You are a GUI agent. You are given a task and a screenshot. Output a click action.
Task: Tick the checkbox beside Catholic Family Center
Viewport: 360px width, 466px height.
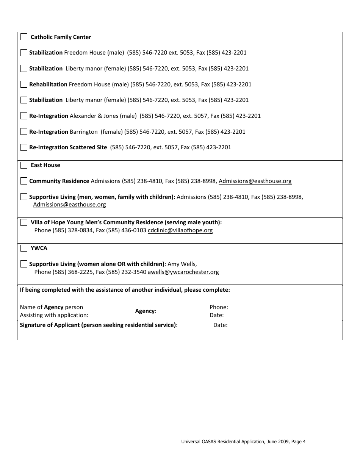click(24, 37)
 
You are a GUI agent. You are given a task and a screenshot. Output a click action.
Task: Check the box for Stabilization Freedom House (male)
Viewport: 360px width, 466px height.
click(24, 53)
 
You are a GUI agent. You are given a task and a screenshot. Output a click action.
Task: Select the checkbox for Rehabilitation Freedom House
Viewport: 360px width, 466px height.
click(24, 84)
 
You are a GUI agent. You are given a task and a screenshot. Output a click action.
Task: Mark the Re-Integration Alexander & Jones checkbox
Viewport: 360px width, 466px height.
click(24, 116)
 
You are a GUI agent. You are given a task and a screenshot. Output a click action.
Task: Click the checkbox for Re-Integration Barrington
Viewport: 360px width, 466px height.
click(24, 131)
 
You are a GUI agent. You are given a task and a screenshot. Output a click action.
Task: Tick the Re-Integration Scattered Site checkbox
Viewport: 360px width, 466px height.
click(24, 147)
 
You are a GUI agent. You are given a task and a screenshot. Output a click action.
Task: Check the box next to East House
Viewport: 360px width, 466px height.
click(24, 165)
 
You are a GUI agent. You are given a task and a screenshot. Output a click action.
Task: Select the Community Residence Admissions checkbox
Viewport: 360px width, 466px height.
click(24, 181)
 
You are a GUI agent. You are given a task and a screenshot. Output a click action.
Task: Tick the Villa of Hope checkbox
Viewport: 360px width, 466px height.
click(24, 222)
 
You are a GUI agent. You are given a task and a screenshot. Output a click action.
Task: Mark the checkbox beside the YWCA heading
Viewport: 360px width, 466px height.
click(24, 248)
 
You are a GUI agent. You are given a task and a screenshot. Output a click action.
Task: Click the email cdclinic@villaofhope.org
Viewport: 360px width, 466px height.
click(180, 230)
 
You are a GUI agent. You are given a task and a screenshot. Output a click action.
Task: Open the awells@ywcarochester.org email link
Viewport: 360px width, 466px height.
click(183, 272)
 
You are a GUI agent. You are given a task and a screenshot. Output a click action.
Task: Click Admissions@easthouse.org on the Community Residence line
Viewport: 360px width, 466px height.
click(255, 181)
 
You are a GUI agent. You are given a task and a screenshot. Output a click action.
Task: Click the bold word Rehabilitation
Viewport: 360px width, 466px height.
click(48, 84)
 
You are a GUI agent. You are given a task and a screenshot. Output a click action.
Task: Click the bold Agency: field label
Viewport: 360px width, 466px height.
click(146, 311)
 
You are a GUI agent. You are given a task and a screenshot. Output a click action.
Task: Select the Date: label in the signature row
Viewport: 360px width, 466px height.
click(220, 325)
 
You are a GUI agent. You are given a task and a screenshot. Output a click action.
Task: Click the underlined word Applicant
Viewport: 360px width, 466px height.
click(67, 325)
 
